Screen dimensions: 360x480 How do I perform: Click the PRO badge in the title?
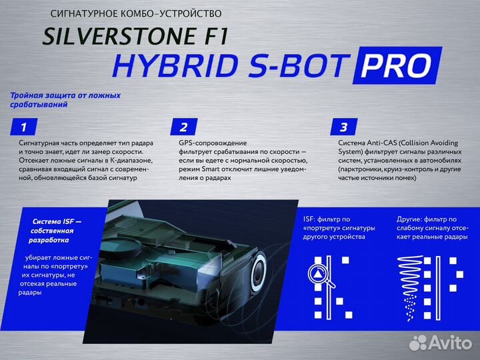pos(399,65)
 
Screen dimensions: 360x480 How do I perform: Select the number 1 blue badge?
pos(24,127)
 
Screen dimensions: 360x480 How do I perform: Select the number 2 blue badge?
pos(184,127)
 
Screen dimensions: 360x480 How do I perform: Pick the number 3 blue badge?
pos(343,127)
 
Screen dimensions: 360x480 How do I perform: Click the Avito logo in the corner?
pos(439,343)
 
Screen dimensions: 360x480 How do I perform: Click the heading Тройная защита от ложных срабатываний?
pos(65,100)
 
